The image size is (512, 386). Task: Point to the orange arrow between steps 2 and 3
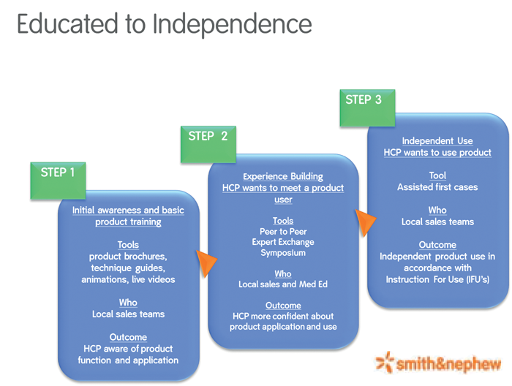click(x=364, y=222)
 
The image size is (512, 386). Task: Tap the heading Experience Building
click(x=283, y=176)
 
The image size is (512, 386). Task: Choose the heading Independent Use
click(x=437, y=141)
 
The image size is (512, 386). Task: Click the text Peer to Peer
click(x=283, y=231)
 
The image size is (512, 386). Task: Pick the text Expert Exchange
click(x=283, y=242)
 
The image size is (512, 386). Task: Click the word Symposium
click(x=283, y=253)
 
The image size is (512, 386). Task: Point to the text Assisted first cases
click(x=437, y=187)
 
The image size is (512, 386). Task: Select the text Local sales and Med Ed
click(x=283, y=284)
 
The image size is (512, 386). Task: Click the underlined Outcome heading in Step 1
click(x=128, y=337)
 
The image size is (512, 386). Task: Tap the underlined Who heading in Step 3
click(x=437, y=211)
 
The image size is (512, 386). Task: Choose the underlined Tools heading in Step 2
click(x=283, y=220)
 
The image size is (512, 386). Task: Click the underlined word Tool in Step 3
click(x=437, y=175)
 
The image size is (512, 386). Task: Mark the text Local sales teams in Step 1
click(x=128, y=314)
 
